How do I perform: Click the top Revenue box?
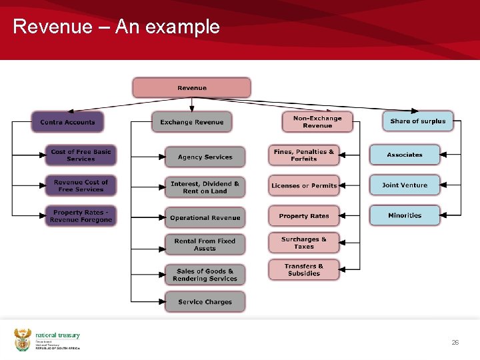click(x=191, y=88)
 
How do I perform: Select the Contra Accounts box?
click(x=67, y=122)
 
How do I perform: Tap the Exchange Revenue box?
click(x=191, y=122)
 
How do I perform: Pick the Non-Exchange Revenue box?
click(x=317, y=122)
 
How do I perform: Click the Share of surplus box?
click(x=417, y=121)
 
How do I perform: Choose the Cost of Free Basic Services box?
click(x=81, y=155)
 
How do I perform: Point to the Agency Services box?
click(x=205, y=157)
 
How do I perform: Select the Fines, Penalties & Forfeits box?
click(x=304, y=155)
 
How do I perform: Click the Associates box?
click(x=405, y=155)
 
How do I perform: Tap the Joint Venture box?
click(x=405, y=185)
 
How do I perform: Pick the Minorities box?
click(x=405, y=215)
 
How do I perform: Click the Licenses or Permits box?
click(x=304, y=186)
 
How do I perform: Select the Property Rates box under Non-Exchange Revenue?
click(x=304, y=216)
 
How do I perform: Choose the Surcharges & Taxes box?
click(x=304, y=243)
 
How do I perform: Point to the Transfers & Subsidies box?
click(x=304, y=269)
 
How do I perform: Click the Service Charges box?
click(x=205, y=302)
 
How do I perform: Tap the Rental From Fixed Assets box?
click(x=205, y=245)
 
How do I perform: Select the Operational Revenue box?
click(x=205, y=218)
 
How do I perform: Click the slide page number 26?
click(x=455, y=342)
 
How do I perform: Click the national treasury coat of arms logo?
click(x=23, y=339)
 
